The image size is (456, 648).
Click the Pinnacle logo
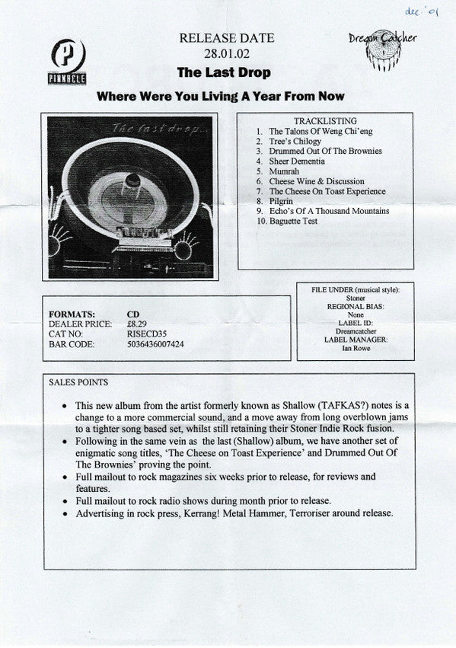[67, 62]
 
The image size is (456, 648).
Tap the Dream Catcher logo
[383, 49]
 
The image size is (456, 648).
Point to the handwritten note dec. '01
[421, 11]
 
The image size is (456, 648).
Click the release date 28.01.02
[227, 54]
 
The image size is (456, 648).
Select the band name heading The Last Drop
[224, 72]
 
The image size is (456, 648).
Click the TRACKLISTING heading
[326, 121]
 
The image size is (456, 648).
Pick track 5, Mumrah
[284, 171]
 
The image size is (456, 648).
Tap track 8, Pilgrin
[281, 201]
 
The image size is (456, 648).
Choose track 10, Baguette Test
[293, 221]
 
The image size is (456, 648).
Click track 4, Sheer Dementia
[297, 161]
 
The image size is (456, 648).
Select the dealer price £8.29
[137, 324]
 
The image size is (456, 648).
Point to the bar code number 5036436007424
[156, 344]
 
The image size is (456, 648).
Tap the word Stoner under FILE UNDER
[356, 298]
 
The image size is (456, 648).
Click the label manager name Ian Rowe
[356, 348]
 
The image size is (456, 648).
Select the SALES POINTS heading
[78, 382]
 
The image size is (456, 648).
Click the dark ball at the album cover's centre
[133, 180]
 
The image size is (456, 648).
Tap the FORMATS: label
[72, 314]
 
